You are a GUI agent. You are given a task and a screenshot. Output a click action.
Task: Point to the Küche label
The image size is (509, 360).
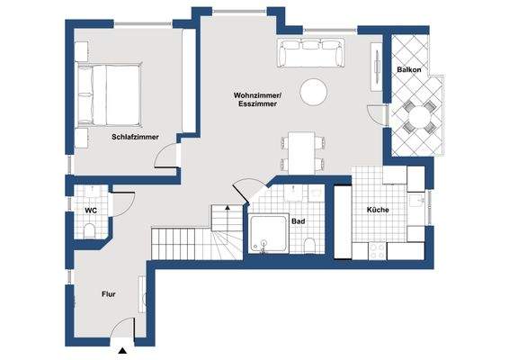[x=378, y=211]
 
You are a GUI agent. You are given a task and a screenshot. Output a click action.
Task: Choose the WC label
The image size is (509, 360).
[x=91, y=211]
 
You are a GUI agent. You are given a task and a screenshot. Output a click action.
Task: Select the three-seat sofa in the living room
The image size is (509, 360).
[x=311, y=55]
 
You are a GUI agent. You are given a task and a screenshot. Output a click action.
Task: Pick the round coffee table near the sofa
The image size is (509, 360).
[x=315, y=92]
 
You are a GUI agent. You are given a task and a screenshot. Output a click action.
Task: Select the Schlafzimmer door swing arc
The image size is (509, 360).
[x=166, y=158]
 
